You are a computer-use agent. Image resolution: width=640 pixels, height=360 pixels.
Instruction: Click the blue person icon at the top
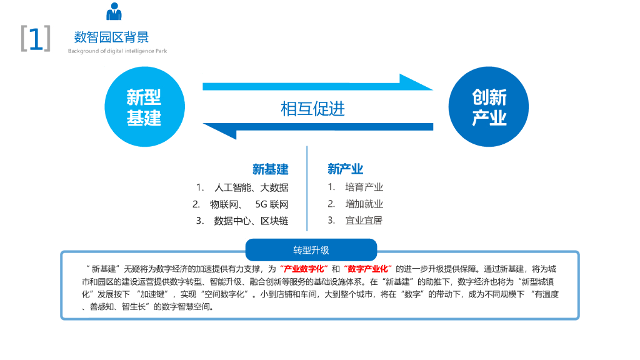114,12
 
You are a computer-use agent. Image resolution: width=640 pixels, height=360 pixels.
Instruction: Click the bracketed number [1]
36,39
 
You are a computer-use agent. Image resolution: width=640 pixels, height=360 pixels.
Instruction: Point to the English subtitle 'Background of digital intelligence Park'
117,51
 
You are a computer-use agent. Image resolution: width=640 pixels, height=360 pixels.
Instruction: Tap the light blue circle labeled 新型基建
144,107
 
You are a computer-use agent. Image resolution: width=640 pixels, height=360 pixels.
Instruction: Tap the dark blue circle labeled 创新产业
489,107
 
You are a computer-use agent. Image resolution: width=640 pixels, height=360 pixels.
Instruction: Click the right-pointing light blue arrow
317,85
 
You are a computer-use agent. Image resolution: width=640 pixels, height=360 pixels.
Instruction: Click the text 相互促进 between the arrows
312,109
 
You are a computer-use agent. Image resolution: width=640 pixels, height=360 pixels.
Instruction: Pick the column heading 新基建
270,169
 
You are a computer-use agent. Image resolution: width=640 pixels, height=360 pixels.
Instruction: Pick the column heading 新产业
345,169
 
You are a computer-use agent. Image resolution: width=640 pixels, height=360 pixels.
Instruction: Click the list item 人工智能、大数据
251,187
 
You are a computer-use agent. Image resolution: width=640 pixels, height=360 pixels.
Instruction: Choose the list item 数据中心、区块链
251,221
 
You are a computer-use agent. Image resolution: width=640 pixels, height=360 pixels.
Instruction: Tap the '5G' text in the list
261,204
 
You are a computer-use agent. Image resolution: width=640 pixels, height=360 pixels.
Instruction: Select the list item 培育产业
364,187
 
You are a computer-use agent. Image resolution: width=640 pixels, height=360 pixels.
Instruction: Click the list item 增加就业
364,204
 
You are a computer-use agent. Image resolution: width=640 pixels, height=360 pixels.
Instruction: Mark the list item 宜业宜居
364,221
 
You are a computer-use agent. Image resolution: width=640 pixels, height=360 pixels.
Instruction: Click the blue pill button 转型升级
311,250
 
